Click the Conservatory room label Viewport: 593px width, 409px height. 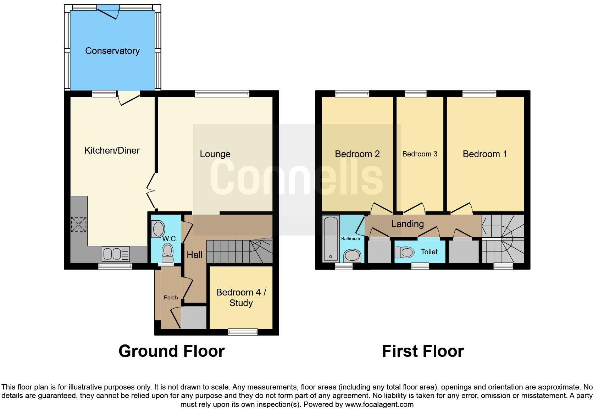pyautogui.click(x=112, y=51)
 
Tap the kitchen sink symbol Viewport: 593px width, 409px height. pyautogui.click(x=116, y=254)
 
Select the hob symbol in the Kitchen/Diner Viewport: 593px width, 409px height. pyautogui.click(x=79, y=225)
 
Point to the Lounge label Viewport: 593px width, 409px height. pyautogui.click(x=215, y=154)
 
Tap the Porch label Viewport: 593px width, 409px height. pyautogui.click(x=171, y=298)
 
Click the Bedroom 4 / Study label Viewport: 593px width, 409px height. pyautogui.click(x=241, y=297)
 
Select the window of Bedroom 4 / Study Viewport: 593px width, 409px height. pyautogui.click(x=243, y=332)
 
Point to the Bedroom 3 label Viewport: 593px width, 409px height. pyautogui.click(x=420, y=154)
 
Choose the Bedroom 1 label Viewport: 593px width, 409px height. pyautogui.click(x=484, y=154)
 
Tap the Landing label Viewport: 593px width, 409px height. pyautogui.click(x=407, y=224)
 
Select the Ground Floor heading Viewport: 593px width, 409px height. pyautogui.click(x=171, y=351)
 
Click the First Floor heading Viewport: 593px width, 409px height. pyautogui.click(x=422, y=351)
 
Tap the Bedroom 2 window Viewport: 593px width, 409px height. pyautogui.click(x=352, y=94)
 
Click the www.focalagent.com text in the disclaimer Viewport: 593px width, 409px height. pyautogui.click(x=379, y=404)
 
